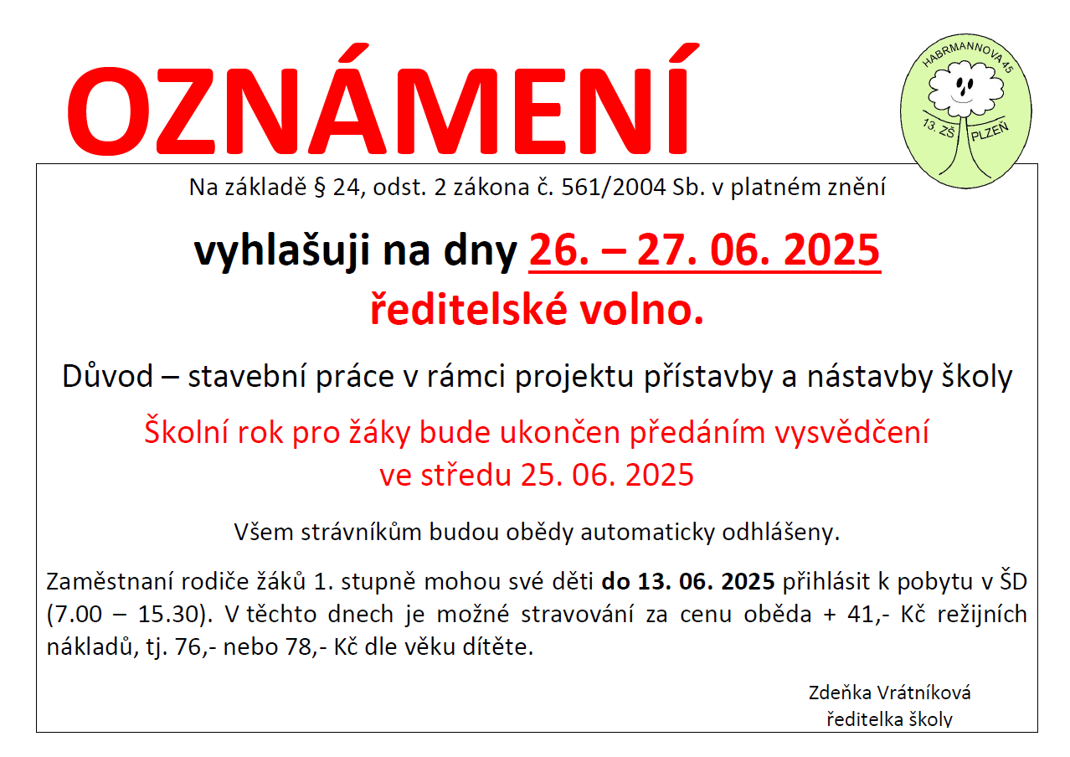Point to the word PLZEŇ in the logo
point(990,131)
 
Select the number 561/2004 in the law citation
point(614,188)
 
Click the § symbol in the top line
point(319,188)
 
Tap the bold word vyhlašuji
point(282,251)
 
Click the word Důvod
point(107,376)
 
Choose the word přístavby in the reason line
point(708,377)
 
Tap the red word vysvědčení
point(851,432)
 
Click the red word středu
point(466,475)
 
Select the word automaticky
point(647,532)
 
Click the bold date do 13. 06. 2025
point(688,582)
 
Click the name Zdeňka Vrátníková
point(889,693)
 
